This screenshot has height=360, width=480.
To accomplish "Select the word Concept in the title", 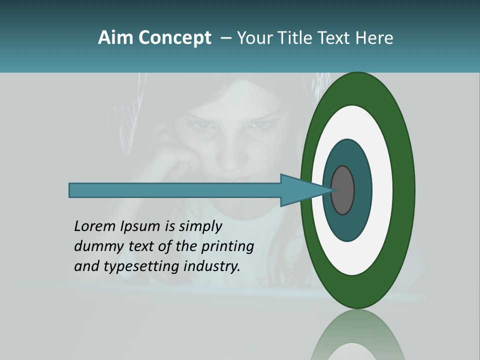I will click(174, 38).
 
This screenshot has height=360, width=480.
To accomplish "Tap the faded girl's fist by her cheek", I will click(180, 162).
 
